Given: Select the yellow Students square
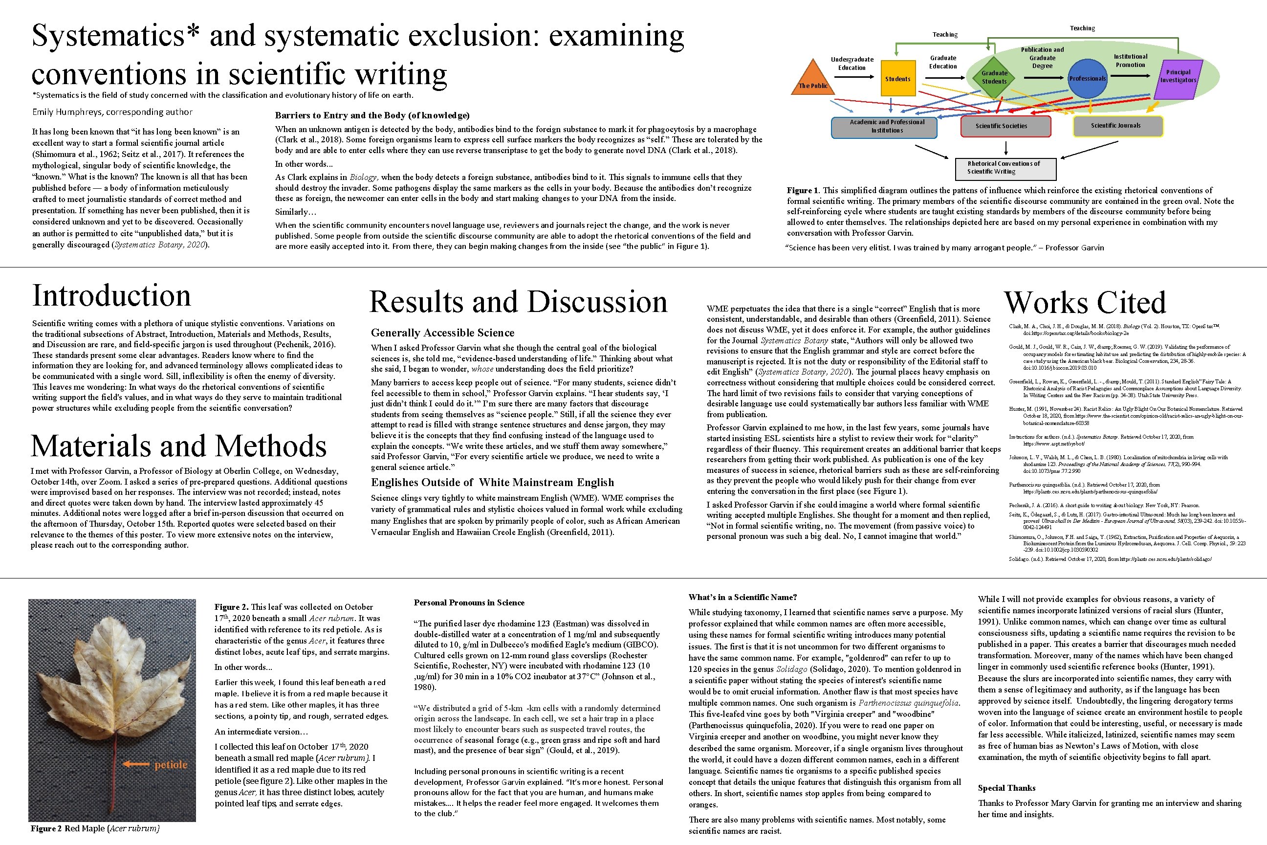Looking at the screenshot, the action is [897, 79].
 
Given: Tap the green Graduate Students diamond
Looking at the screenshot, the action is [994, 77].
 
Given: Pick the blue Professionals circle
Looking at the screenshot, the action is [1087, 79].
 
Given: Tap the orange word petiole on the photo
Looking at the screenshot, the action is [171, 764].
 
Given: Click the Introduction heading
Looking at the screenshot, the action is [111, 295].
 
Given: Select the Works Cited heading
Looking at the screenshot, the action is [1084, 302].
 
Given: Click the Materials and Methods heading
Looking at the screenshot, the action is [179, 445].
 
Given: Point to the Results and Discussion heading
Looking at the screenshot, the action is [518, 301].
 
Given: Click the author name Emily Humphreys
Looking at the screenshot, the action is [112, 112].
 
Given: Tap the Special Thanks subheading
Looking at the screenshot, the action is [1006, 787].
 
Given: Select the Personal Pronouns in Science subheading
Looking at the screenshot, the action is [469, 602].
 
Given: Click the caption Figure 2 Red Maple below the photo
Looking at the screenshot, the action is [95, 828].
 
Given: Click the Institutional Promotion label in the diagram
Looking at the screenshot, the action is [1130, 60].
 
